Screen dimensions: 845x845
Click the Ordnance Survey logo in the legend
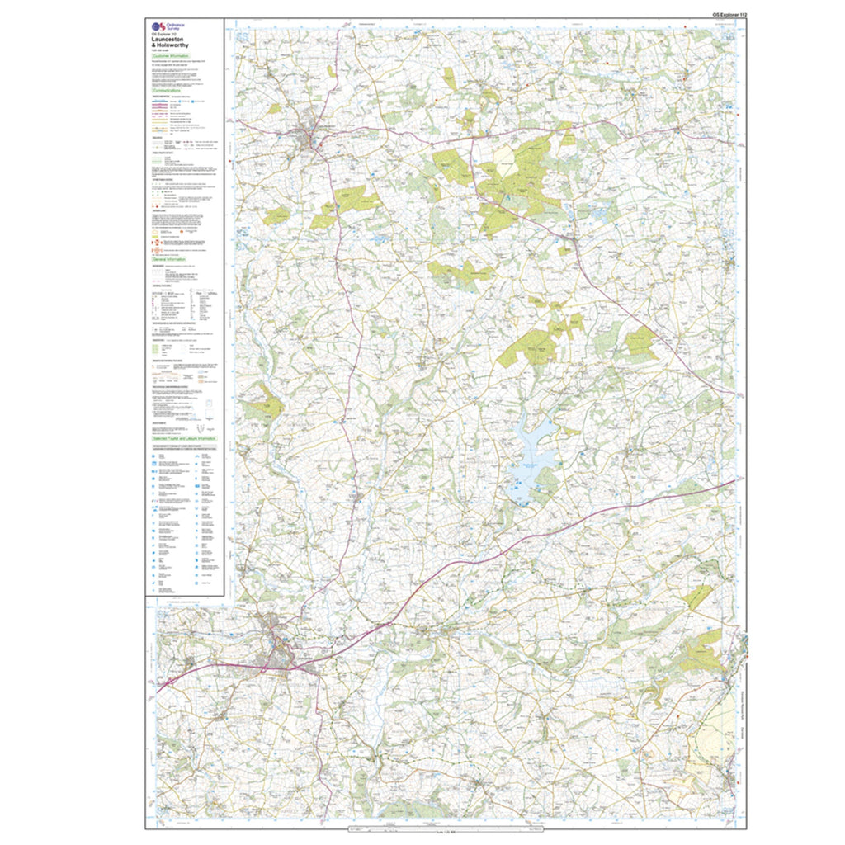coord(158,28)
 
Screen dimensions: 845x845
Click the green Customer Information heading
coord(171,57)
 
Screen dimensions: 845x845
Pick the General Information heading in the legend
coord(170,259)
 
